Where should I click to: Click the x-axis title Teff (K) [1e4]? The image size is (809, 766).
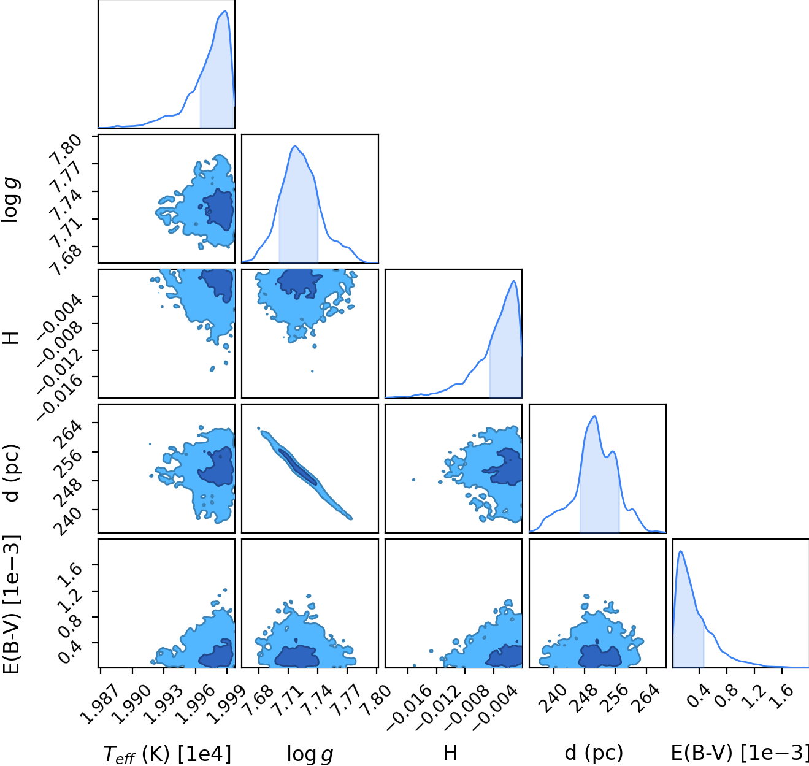tap(167, 754)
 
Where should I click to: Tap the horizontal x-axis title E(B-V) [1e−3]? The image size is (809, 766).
tap(740, 753)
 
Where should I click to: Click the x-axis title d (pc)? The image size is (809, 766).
tap(593, 753)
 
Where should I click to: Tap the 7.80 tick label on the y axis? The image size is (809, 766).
tap(65, 150)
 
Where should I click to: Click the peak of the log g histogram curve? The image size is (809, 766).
tap(294, 146)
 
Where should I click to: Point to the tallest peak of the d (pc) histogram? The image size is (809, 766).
tap(594, 416)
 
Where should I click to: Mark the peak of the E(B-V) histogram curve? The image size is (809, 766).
tap(681, 551)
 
